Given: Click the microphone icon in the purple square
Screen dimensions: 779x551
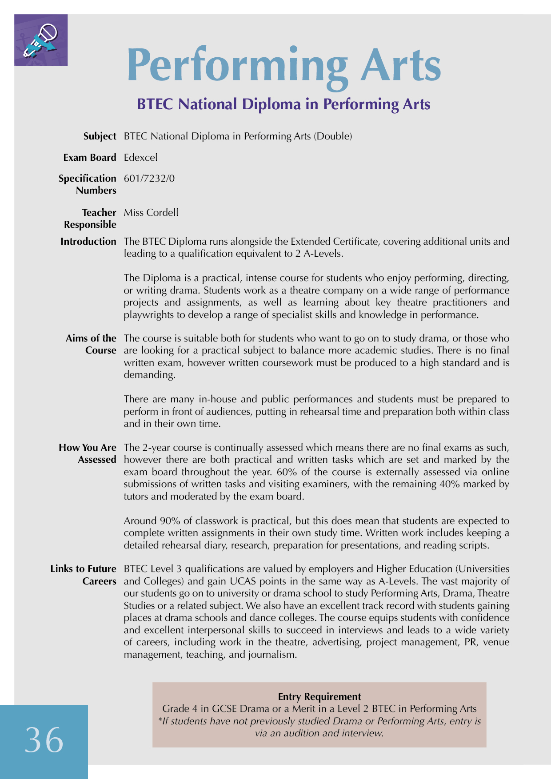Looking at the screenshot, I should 41,40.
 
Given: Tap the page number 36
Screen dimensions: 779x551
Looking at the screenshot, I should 44,740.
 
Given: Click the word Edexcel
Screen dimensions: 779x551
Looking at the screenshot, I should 140,157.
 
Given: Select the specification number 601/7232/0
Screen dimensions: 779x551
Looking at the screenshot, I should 149,179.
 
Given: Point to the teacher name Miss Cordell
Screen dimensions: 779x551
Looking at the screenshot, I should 151,212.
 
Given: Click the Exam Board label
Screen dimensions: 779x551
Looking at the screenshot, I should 90,157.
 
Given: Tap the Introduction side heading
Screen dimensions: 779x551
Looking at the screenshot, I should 88,242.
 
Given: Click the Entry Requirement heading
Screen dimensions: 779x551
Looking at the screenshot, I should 319,696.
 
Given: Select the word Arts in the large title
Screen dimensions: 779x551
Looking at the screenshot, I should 400,65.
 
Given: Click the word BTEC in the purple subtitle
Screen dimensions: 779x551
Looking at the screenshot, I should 155,104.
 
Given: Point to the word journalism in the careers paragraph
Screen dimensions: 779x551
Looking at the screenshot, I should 272,654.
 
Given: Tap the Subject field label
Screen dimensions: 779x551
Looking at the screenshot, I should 100,136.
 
